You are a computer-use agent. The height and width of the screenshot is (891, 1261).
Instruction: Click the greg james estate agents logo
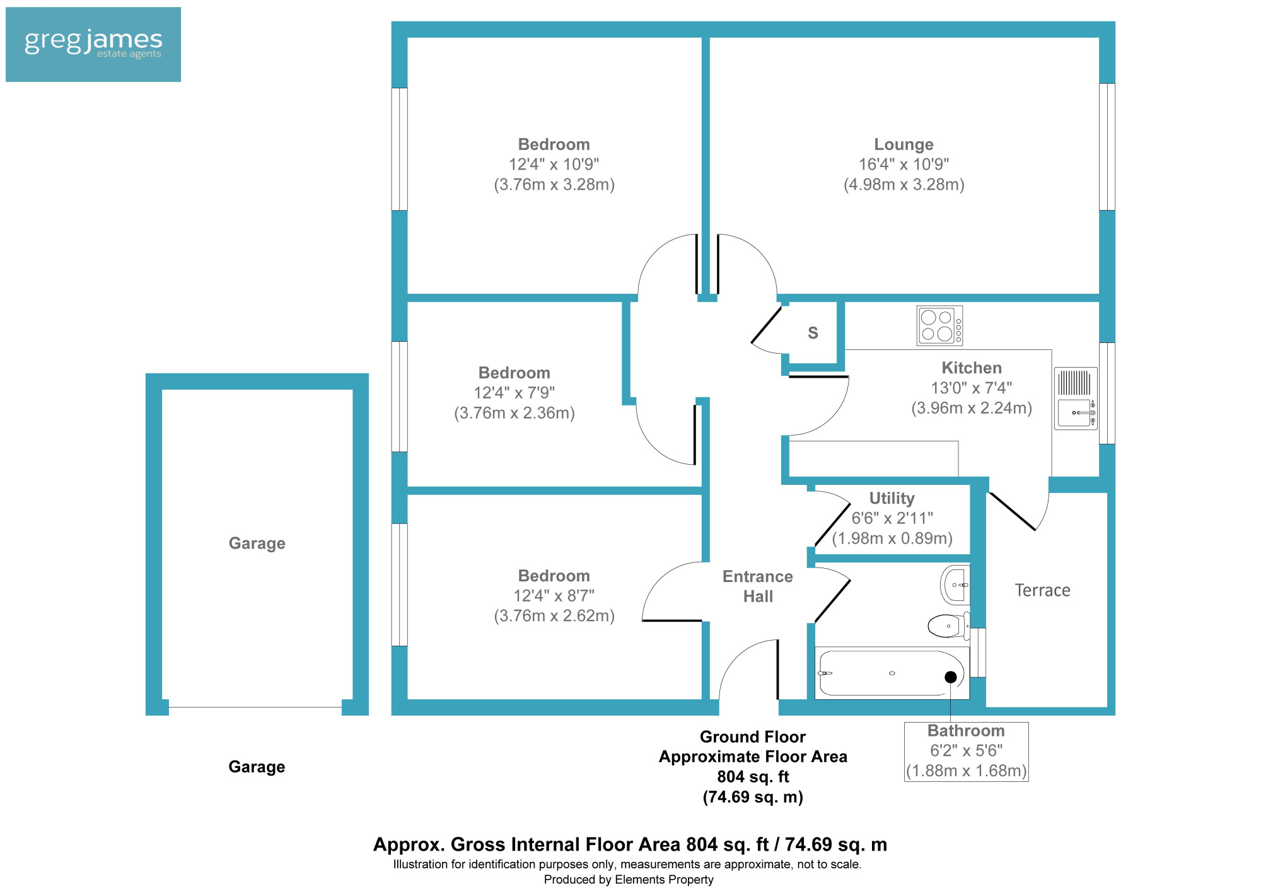tap(93, 44)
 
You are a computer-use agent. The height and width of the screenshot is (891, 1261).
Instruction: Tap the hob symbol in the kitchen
tap(939, 325)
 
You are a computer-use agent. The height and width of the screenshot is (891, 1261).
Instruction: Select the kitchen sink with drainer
tap(1076, 399)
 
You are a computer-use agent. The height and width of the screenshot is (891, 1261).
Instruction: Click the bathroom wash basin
tap(955, 585)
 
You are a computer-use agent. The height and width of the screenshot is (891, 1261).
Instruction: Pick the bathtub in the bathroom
tap(892, 673)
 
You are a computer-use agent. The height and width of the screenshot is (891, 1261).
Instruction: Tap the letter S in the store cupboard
tap(813, 333)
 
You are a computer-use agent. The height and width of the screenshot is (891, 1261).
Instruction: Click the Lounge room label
tap(904, 144)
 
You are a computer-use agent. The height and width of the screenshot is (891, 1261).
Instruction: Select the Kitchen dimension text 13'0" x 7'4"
tap(972, 388)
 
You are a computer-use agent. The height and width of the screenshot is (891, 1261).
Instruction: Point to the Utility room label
tap(892, 498)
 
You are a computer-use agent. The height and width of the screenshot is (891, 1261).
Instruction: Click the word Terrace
tap(1042, 590)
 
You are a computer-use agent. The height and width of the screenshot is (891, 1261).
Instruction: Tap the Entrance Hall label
tap(758, 586)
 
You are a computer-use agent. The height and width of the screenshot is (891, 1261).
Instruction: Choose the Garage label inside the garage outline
tap(257, 544)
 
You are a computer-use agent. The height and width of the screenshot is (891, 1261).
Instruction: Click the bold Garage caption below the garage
tap(257, 767)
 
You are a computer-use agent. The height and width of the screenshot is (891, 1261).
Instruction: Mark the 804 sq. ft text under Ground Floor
tap(753, 777)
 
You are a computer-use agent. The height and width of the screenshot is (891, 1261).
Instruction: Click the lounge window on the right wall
tap(1107, 147)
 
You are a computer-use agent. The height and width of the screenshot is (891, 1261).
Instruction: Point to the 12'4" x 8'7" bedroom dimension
tap(554, 596)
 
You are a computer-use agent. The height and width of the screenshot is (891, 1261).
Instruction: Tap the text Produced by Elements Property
tap(629, 880)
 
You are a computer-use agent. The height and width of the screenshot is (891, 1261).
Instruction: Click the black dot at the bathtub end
tap(951, 677)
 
